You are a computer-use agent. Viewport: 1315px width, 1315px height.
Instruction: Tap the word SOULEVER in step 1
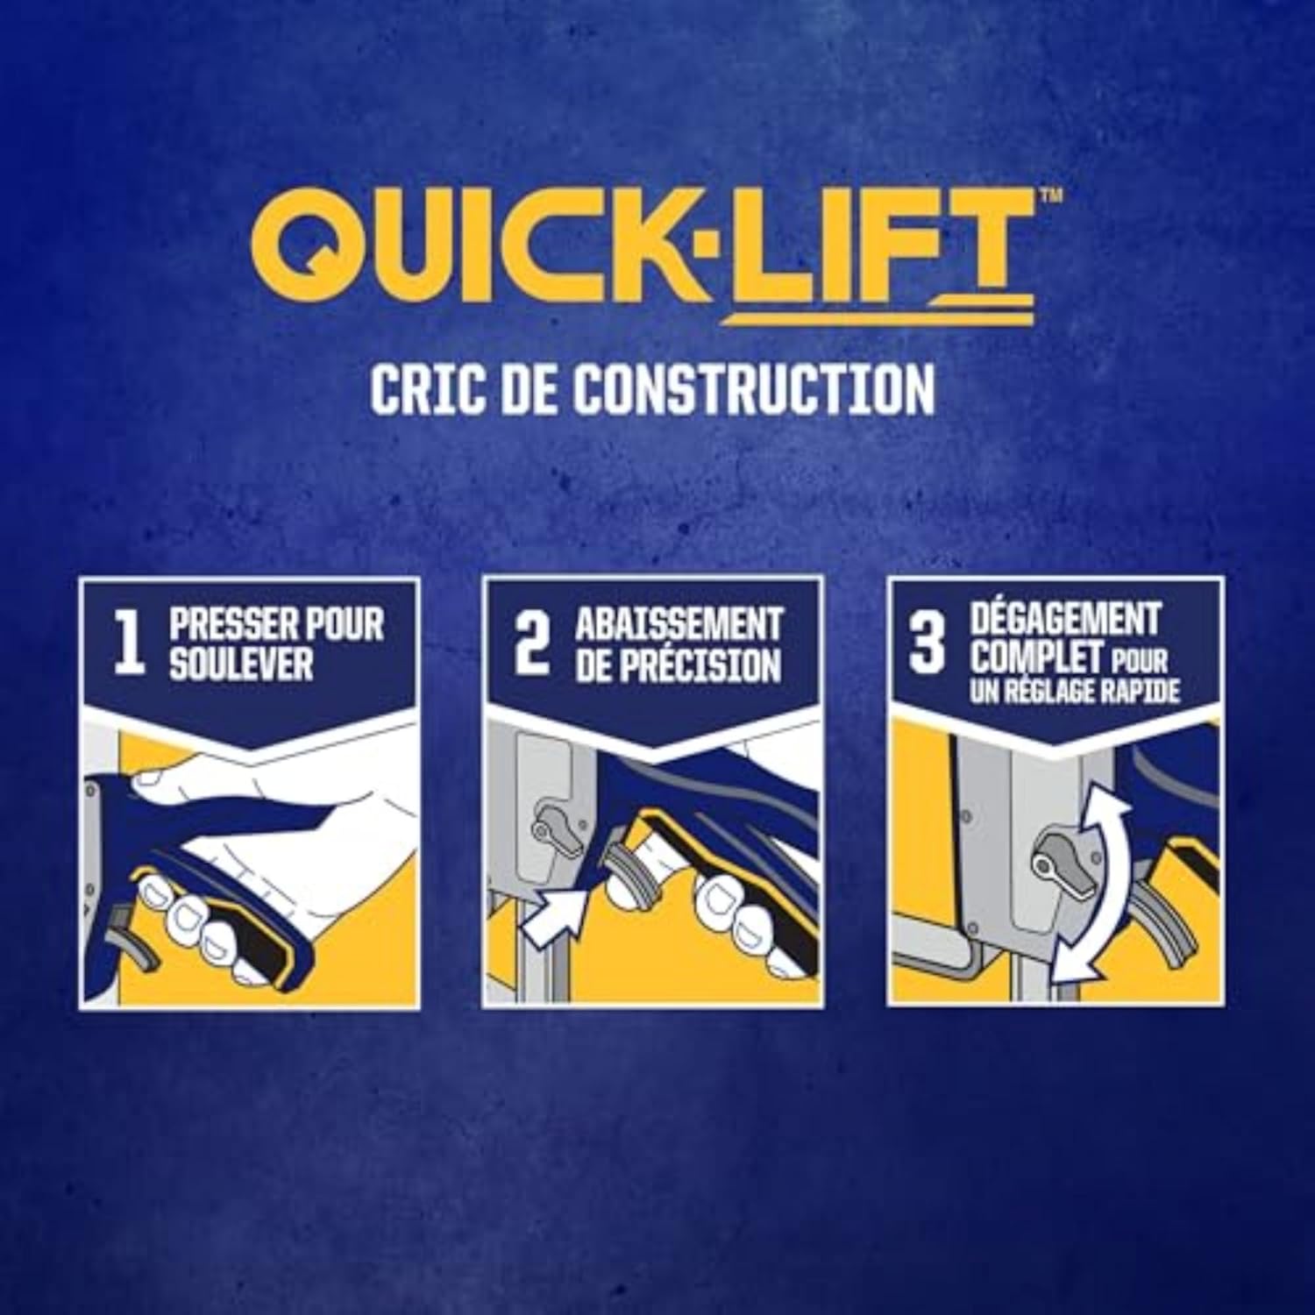tap(240, 664)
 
